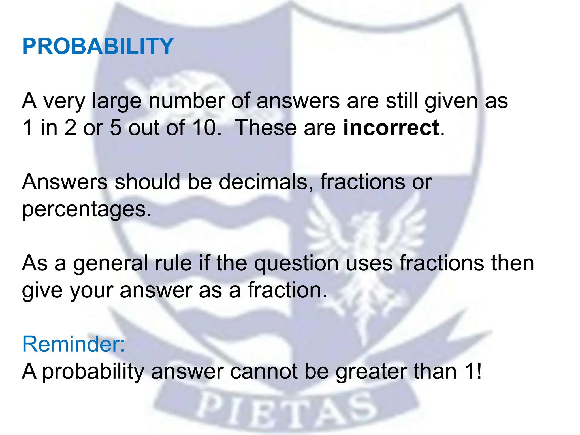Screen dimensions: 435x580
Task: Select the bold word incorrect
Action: (391, 128)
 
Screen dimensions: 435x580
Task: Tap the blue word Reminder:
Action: (73, 344)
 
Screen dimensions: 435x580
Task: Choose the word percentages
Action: (87, 210)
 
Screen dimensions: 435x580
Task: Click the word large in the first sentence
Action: (117, 101)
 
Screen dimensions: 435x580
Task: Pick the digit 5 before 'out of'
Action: (116, 128)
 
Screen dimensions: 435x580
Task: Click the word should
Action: (147, 182)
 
